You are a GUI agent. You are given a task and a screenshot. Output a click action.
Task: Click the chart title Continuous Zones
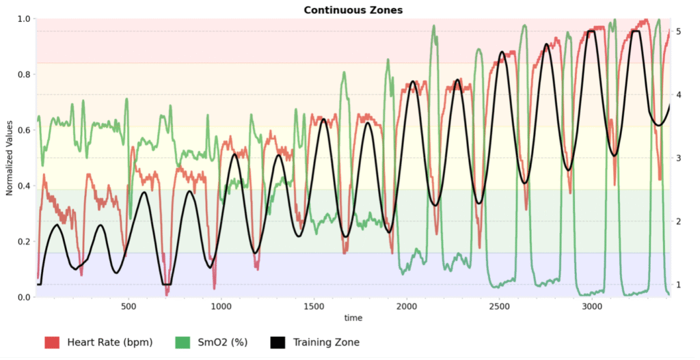353,10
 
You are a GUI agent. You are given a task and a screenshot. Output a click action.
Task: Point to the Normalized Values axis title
10,158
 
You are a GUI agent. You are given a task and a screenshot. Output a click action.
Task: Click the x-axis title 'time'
353,318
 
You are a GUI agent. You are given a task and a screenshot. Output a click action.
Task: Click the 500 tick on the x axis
129,307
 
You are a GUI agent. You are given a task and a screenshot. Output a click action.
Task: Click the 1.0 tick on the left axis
23,19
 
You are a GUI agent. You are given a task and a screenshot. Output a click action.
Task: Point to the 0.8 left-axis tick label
23,74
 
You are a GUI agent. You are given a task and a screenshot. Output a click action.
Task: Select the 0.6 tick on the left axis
23,130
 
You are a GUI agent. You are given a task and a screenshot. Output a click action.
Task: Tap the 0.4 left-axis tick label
23,186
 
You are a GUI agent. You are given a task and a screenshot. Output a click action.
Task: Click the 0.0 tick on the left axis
23,297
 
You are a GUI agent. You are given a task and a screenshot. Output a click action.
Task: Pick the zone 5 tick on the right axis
677,31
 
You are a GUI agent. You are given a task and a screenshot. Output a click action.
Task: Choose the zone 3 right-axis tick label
677,158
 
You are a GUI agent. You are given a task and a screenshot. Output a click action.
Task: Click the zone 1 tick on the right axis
677,285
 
